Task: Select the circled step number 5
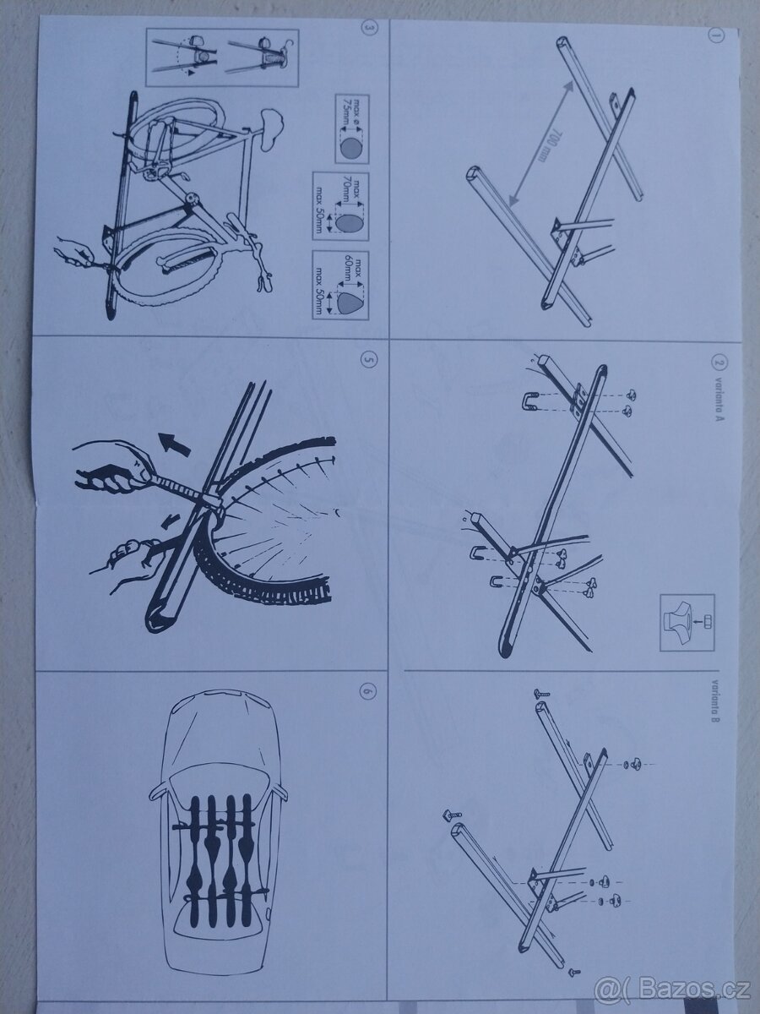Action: pyautogui.click(x=366, y=357)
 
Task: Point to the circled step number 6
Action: pyautogui.click(x=366, y=690)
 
